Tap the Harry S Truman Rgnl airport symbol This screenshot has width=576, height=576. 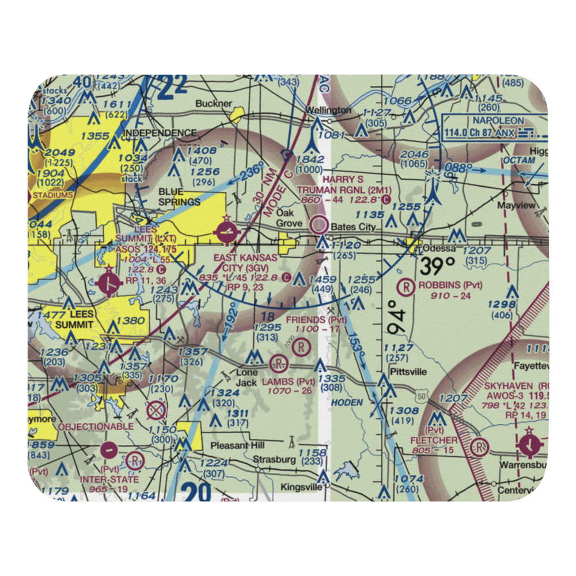319,224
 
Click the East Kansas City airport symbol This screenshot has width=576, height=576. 225,233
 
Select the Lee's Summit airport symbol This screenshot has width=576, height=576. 110,282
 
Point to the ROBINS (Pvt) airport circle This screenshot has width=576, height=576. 407,285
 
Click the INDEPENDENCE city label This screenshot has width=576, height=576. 161,133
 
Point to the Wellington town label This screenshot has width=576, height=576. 328,110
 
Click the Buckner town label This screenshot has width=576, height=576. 214,104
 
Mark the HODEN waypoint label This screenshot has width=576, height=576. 347,402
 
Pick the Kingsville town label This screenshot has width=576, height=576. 301,487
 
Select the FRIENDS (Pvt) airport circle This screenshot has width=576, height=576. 301,347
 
